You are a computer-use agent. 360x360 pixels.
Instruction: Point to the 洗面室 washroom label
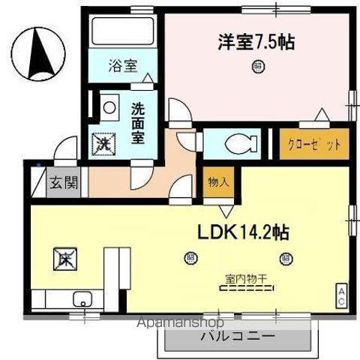tap(139, 122)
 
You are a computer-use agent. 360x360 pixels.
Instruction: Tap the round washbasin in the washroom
tap(110, 107)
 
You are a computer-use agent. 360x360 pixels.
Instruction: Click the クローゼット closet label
tap(315, 144)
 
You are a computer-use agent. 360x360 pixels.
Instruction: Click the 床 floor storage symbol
tap(64, 260)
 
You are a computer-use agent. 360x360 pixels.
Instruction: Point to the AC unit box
tap(340, 294)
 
